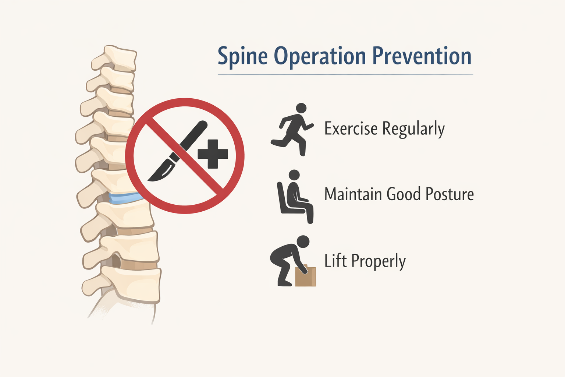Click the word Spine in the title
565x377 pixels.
(x=242, y=57)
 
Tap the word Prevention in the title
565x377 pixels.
(x=422, y=56)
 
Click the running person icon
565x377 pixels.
(x=292, y=129)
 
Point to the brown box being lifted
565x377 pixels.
(x=306, y=275)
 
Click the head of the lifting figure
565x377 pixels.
(x=303, y=242)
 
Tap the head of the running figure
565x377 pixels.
(x=301, y=108)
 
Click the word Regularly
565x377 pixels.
(x=413, y=129)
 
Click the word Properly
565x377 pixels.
(x=379, y=261)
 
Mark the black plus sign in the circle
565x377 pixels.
(x=213, y=154)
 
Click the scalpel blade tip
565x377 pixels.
(x=148, y=180)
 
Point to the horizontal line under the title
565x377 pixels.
(x=345, y=74)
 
